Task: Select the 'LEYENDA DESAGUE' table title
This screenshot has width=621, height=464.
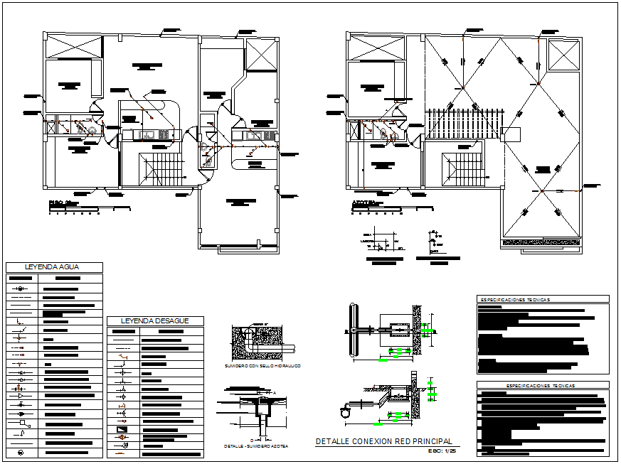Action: (x=154, y=321)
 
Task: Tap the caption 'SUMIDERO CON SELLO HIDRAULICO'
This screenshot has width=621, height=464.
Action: (x=262, y=365)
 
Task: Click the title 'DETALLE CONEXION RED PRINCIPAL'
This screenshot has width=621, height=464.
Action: (x=383, y=441)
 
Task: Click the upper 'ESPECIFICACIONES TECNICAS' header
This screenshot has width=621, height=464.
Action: (x=514, y=300)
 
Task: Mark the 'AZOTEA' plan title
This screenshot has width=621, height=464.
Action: (x=363, y=203)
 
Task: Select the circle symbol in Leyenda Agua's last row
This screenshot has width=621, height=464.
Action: (x=21, y=452)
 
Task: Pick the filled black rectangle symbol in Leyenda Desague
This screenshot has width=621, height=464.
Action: (x=122, y=429)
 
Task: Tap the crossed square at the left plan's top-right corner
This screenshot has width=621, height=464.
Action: (x=260, y=54)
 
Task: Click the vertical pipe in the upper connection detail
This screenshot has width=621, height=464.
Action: (x=354, y=330)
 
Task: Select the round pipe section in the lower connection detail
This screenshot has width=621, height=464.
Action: (x=346, y=411)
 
